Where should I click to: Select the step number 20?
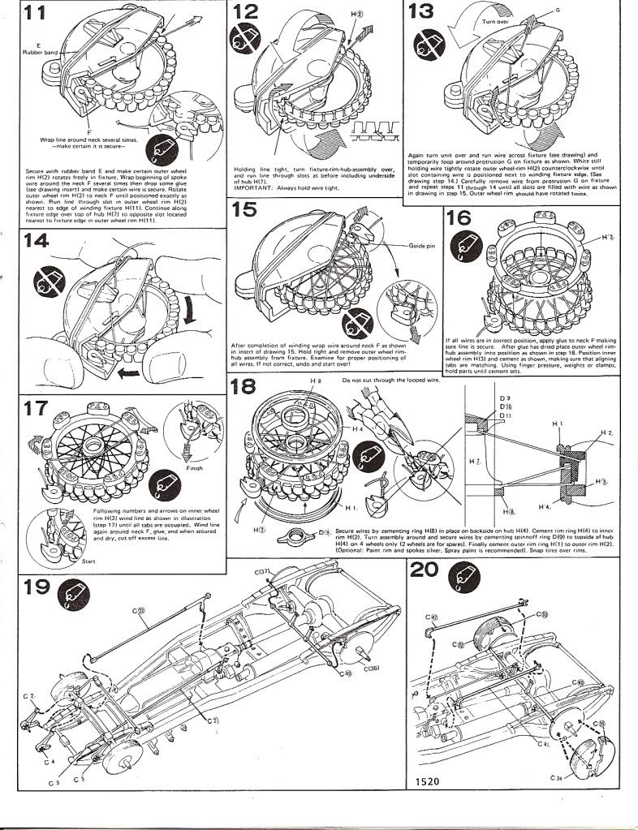pos(424,571)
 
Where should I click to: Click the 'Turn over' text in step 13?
pos(495,22)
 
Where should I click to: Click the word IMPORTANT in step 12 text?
pos(252,187)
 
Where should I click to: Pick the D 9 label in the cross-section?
pos(506,397)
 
